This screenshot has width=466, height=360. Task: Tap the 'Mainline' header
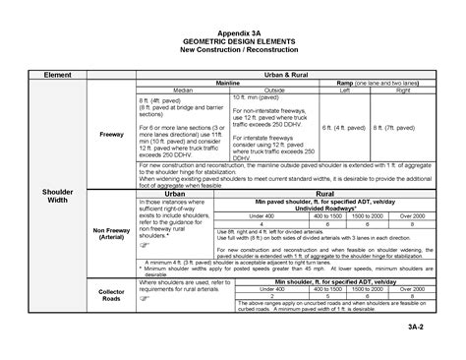point(229,84)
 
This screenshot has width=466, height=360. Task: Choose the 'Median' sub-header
point(183,91)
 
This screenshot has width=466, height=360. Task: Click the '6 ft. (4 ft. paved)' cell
point(347,128)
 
